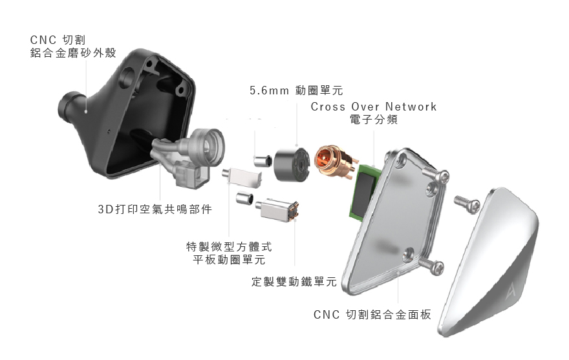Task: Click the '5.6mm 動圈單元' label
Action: (x=296, y=90)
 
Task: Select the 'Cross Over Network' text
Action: (x=374, y=107)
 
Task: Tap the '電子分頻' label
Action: (x=374, y=120)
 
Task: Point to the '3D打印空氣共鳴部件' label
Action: (x=155, y=209)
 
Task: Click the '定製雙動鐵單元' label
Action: (x=294, y=282)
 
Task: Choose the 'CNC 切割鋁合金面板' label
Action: (x=372, y=315)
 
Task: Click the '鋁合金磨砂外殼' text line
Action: (x=73, y=53)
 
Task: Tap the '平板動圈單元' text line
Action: (x=229, y=260)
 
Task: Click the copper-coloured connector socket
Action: (x=334, y=161)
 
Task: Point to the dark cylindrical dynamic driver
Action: (x=292, y=164)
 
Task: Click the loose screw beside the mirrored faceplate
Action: (x=467, y=204)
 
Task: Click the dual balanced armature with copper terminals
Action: (x=279, y=210)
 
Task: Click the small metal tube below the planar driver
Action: (x=244, y=198)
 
